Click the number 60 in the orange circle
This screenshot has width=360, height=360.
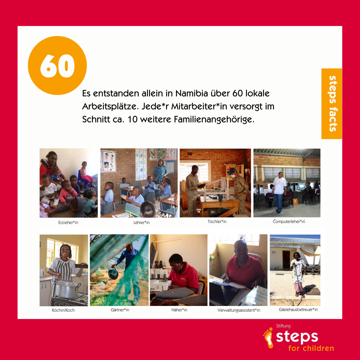(57, 66)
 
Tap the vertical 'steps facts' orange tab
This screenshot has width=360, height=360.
(332, 104)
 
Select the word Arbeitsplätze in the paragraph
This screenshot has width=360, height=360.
(111, 107)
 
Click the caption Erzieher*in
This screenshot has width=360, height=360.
(68, 222)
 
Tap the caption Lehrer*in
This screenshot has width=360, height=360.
(141, 222)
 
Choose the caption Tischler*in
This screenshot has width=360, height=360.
(217, 222)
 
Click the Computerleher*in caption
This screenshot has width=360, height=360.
(289, 222)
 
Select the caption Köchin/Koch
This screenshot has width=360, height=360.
(63, 310)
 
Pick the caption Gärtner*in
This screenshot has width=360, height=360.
(120, 310)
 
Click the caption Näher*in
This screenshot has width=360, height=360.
(179, 310)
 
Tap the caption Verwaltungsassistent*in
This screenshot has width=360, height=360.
(239, 310)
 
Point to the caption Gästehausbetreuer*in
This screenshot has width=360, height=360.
(298, 309)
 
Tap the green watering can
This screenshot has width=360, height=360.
(112, 274)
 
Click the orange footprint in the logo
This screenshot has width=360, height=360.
(268, 338)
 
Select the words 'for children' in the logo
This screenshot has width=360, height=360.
(311, 348)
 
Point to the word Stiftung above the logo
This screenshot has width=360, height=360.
(283, 326)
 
